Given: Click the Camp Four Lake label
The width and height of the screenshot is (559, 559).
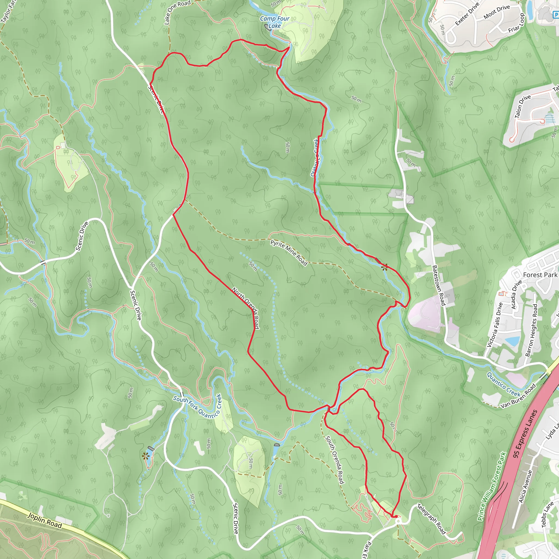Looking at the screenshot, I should point(274,22).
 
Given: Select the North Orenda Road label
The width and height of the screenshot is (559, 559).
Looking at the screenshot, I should point(246,308).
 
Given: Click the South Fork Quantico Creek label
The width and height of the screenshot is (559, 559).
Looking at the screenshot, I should point(197,406).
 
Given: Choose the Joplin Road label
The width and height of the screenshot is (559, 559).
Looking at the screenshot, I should point(44,520).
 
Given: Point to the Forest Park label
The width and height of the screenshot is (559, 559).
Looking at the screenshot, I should point(540,275).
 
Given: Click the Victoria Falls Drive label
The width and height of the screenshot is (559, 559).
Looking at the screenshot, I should point(495,325).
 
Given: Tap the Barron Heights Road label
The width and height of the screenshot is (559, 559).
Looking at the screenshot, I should point(531,330).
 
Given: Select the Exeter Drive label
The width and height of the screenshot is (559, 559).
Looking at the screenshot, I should point(467,14).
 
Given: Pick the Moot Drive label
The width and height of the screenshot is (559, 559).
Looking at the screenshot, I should point(496,12).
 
